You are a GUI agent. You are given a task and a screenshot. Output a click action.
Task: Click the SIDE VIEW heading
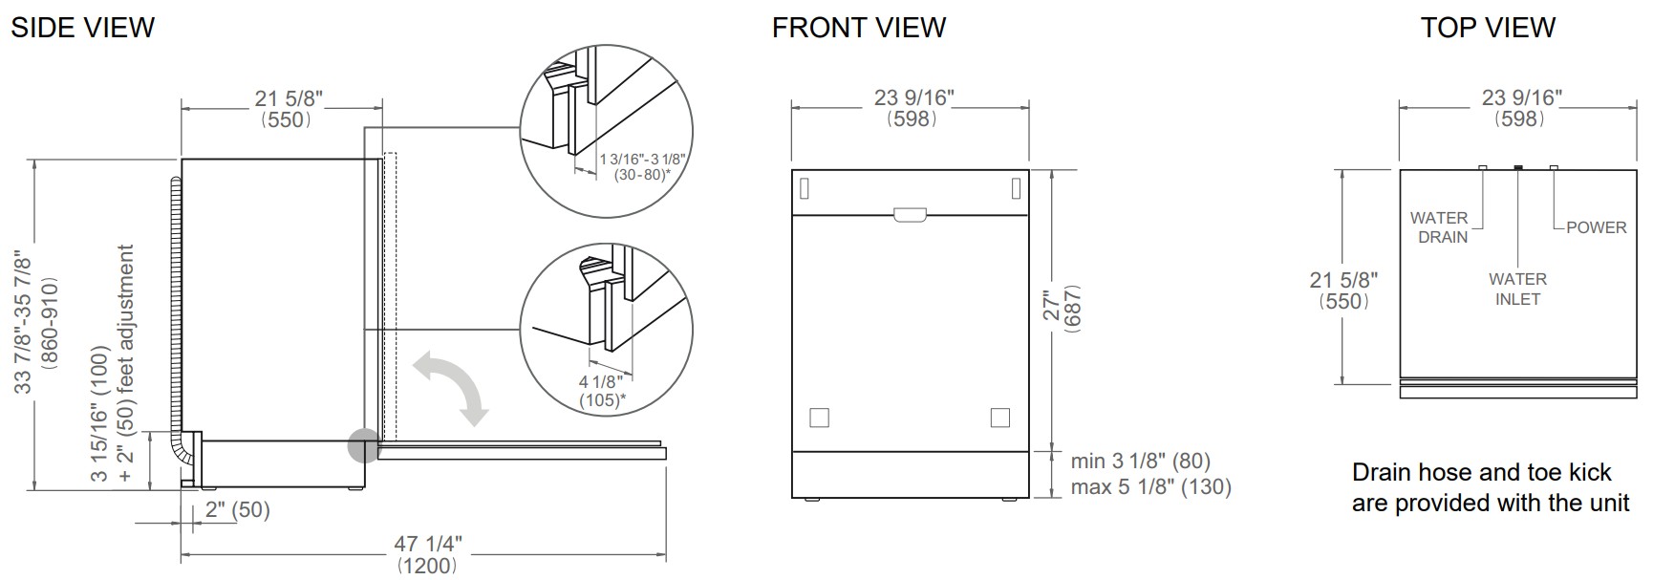[82, 28]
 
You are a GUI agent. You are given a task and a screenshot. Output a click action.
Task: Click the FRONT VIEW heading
[859, 28]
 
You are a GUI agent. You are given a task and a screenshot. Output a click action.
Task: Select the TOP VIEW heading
[1488, 28]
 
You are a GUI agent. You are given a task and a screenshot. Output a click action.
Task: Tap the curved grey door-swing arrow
[450, 386]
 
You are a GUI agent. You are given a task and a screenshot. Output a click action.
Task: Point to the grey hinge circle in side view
[363, 446]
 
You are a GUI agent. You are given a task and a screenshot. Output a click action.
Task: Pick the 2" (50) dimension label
[237, 510]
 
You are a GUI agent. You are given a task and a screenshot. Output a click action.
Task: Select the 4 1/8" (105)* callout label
[602, 392]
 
